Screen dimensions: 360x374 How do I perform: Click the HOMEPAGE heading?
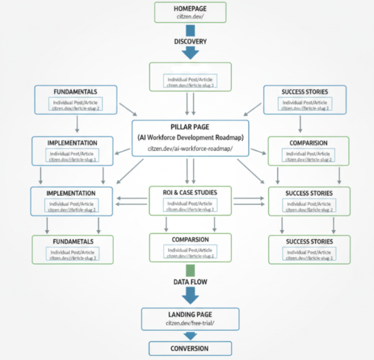click(190, 9)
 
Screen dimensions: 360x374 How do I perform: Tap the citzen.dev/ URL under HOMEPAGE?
click(190, 17)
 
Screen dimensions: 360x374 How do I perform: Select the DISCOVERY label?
click(190, 42)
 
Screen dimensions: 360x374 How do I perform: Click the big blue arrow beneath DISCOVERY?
click(191, 52)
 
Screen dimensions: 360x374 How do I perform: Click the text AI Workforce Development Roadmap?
click(190, 138)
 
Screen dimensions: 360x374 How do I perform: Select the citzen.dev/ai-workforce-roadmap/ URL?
click(190, 148)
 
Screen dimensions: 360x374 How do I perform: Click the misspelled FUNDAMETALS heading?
click(72, 242)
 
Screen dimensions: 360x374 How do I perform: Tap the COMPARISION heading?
click(308, 143)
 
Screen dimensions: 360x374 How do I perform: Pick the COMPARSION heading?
click(190, 239)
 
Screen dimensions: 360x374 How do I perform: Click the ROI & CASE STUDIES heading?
click(190, 193)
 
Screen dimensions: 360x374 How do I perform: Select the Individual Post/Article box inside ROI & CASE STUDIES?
click(190, 205)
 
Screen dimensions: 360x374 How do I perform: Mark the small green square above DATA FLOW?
click(191, 271)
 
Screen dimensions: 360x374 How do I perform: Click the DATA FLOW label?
click(190, 282)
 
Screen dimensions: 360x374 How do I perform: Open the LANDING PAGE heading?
click(190, 315)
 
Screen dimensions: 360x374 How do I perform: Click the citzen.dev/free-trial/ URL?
click(190, 323)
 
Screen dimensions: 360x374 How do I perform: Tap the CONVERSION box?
click(190, 349)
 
